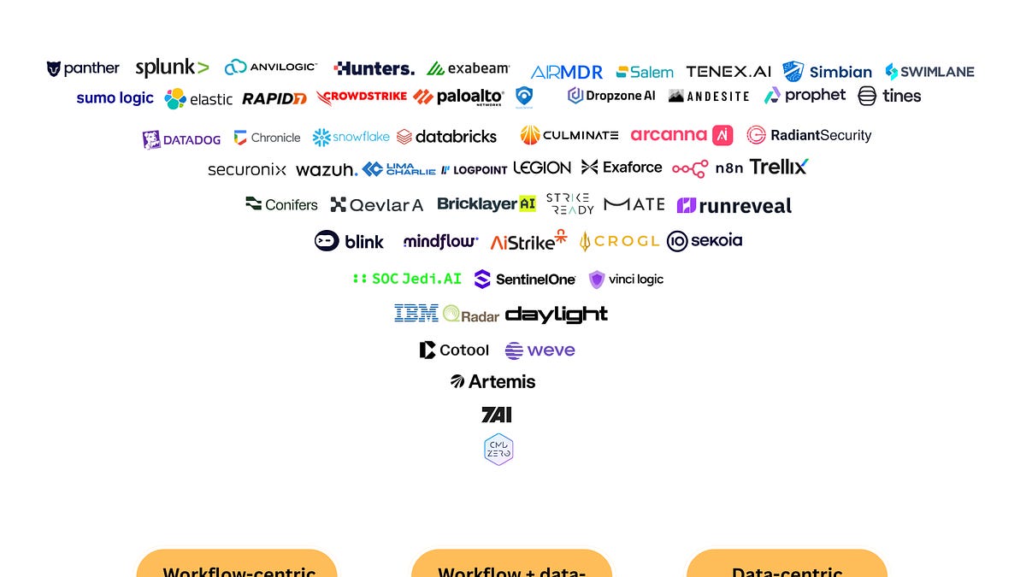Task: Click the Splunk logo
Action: tap(172, 68)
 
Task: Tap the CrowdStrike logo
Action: tap(362, 97)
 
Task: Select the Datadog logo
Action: tap(181, 139)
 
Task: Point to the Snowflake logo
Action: tap(351, 137)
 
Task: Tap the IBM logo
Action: tap(416, 314)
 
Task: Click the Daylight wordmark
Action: tap(557, 315)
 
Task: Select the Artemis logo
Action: tap(493, 381)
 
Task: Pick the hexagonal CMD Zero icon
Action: tap(498, 450)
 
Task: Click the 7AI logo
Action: tap(497, 415)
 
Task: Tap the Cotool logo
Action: tap(454, 350)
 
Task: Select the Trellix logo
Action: tap(779, 167)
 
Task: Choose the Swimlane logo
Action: tap(929, 72)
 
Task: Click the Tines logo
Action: tap(890, 96)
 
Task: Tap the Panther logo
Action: tap(84, 68)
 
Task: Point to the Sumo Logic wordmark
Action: tap(115, 98)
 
